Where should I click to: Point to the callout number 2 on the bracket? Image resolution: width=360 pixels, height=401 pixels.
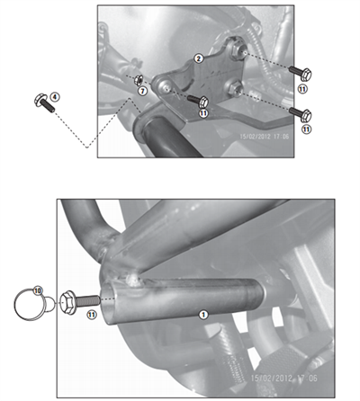[x=199, y=58]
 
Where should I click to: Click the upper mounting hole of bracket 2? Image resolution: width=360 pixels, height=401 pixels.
[x=238, y=47]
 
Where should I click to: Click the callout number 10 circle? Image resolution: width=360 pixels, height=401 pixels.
[x=38, y=290]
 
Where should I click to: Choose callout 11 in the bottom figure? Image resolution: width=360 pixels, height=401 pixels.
[x=92, y=316]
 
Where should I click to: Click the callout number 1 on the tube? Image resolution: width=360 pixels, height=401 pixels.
[x=202, y=315]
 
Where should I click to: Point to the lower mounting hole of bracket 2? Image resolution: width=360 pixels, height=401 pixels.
[x=234, y=86]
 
